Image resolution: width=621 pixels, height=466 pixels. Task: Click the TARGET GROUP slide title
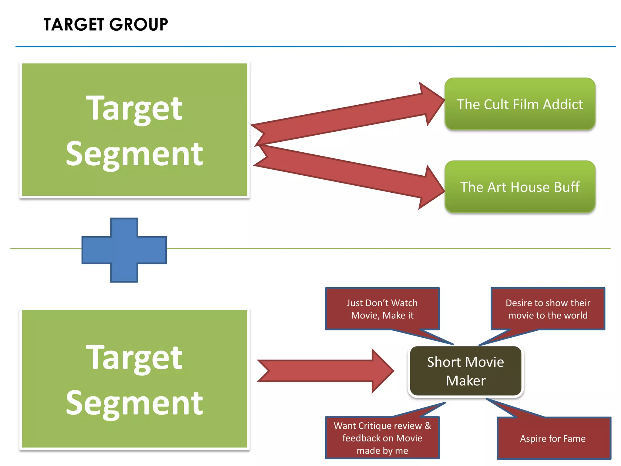[106, 25]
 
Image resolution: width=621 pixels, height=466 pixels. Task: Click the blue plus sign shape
[124, 250]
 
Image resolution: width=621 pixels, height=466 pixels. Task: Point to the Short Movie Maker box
[465, 371]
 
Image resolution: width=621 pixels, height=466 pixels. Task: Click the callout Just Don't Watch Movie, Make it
[382, 309]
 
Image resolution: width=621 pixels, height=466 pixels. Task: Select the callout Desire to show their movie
[548, 309]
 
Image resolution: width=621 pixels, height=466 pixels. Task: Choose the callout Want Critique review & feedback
[382, 438]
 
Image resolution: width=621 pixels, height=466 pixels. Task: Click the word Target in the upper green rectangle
[134, 108]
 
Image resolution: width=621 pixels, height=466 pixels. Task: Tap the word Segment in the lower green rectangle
[134, 404]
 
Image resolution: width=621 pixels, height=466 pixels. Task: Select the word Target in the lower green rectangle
[134, 358]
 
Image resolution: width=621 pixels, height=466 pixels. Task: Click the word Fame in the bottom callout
[574, 438]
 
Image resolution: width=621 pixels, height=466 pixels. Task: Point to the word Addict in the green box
[563, 104]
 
